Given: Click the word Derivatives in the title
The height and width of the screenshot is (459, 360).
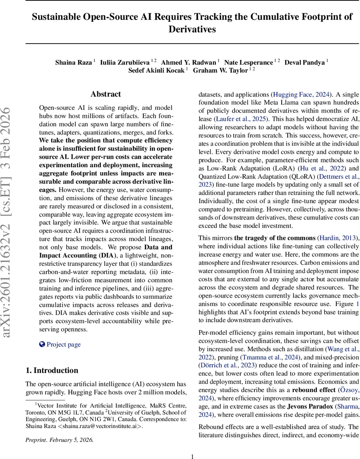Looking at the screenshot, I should click(x=192, y=29).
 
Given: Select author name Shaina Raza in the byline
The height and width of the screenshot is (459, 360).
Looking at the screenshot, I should click(x=73, y=62).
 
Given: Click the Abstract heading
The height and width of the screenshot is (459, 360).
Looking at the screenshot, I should click(x=106, y=94).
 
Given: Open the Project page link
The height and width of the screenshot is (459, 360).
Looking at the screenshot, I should click(x=63, y=344).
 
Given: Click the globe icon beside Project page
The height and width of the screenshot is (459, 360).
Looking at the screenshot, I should click(x=42, y=344).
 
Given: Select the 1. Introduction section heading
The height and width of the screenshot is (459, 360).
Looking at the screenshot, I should click(x=52, y=370).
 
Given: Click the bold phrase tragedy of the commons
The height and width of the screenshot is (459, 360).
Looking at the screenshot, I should click(x=275, y=238).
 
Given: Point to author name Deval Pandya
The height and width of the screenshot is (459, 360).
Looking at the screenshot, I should click(x=305, y=62).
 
